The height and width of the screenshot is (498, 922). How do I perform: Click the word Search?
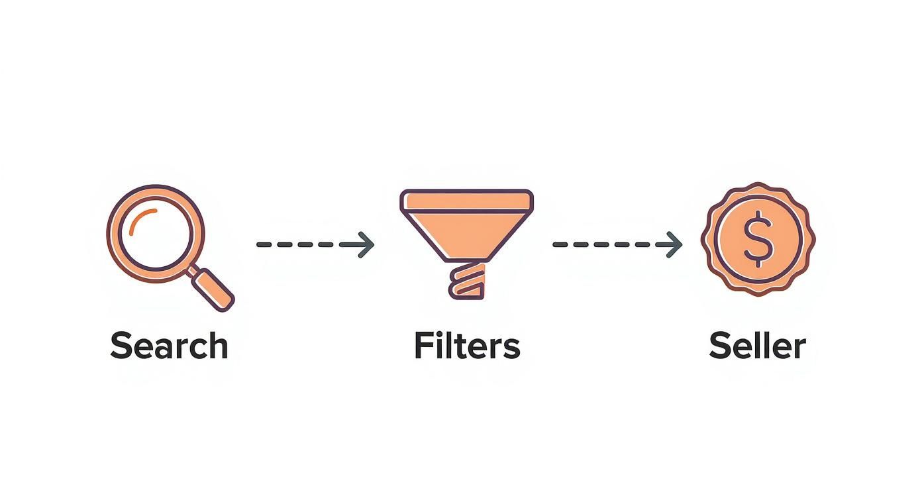click(169, 346)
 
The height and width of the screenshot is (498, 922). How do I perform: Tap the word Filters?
click(467, 346)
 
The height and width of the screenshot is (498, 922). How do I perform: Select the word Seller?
click(757, 346)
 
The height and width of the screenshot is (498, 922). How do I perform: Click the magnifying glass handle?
click(213, 288)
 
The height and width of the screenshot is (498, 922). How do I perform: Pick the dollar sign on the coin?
click(758, 239)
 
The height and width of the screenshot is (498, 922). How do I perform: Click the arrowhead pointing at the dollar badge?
click(674, 244)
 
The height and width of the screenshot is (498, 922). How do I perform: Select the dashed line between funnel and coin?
click(603, 244)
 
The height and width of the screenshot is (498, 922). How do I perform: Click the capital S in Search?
click(121, 346)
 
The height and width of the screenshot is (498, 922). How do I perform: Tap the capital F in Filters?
click(423, 346)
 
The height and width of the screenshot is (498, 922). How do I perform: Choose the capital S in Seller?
click(720, 346)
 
